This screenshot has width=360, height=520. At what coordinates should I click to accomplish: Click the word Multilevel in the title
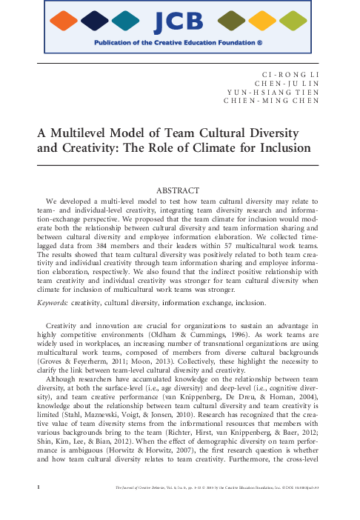point(84,133)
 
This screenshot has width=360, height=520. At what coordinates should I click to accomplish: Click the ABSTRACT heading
point(180,191)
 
